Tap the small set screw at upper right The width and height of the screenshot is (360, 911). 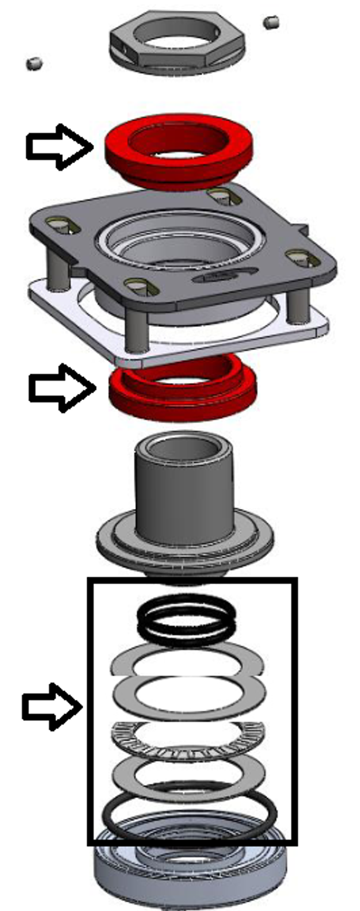click(271, 23)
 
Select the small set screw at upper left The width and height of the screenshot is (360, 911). click(34, 63)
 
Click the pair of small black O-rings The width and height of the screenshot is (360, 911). click(186, 621)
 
